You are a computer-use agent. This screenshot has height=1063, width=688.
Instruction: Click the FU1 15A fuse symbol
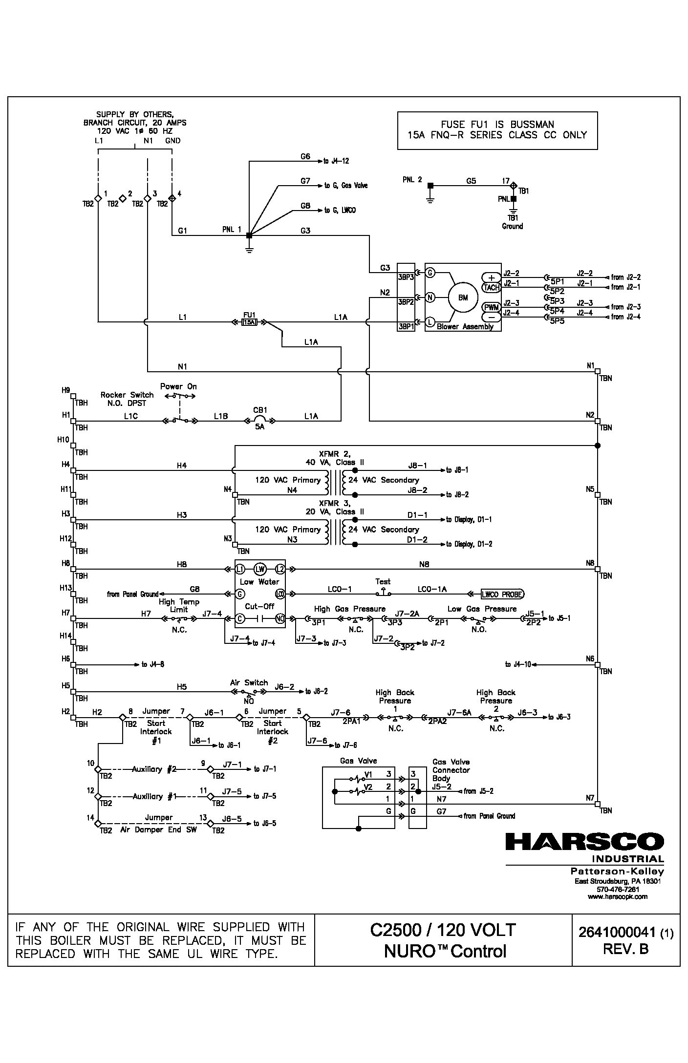[249, 322]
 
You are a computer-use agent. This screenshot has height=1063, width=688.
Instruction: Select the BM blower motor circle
[462, 298]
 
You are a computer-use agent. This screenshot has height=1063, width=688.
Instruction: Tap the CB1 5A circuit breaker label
[259, 418]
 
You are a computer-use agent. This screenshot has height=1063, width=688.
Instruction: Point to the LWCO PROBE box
[502, 594]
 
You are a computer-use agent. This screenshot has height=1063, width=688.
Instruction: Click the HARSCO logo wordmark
[584, 842]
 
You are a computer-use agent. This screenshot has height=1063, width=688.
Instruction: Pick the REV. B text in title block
[625, 948]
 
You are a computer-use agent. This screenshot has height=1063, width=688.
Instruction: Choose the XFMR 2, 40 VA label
[335, 458]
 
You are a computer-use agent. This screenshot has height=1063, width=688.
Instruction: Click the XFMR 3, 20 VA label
[335, 507]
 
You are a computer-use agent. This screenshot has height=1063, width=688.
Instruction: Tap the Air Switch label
[249, 682]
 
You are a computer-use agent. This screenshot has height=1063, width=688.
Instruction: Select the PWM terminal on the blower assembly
[491, 307]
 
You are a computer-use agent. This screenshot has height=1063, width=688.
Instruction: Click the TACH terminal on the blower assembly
[491, 288]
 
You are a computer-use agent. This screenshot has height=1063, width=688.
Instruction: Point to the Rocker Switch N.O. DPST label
[127, 399]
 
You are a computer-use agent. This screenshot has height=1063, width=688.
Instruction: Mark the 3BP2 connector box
[406, 302]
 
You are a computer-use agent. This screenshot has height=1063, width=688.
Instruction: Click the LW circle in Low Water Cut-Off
[259, 569]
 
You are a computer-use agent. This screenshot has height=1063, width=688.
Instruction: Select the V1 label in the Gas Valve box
[368, 774]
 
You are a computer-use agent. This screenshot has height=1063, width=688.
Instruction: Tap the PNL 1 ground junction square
[249, 235]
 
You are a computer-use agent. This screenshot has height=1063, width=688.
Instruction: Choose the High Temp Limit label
[179, 606]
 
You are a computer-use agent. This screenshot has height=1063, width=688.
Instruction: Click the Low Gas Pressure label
[482, 609]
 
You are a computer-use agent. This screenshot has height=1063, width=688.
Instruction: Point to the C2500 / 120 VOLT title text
[443, 930]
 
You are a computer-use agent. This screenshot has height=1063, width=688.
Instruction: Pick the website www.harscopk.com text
[617, 896]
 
